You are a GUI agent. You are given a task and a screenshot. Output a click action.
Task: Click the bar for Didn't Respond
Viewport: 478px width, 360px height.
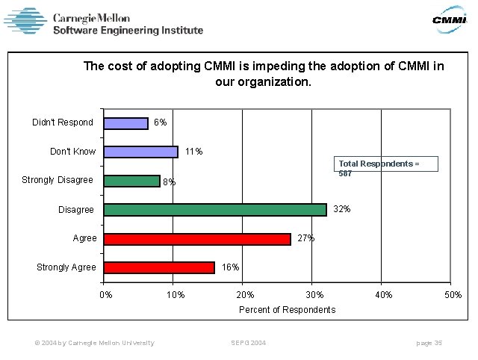click(x=125, y=123)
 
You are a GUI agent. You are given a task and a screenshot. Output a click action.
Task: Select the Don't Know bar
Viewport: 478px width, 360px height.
click(x=140, y=152)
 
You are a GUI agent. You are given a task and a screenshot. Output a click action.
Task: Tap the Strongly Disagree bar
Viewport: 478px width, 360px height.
click(x=131, y=181)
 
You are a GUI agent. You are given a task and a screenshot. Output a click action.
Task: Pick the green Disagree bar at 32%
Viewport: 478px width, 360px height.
click(x=215, y=210)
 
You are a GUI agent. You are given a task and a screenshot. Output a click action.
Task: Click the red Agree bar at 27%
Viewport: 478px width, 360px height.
click(x=197, y=239)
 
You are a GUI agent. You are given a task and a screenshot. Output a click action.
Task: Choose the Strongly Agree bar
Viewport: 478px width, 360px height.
click(x=159, y=267)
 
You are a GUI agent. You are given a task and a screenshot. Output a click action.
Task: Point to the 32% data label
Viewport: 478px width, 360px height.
click(x=341, y=209)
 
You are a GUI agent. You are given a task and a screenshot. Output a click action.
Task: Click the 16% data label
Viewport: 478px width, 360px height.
click(x=230, y=267)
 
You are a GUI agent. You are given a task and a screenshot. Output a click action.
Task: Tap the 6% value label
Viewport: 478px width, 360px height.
click(x=160, y=122)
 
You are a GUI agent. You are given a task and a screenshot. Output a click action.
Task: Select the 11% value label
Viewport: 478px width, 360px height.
click(x=193, y=152)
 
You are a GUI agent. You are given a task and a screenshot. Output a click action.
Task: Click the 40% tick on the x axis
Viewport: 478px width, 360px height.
click(x=384, y=295)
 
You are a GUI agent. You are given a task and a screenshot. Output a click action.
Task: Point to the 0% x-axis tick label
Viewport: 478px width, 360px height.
click(x=107, y=295)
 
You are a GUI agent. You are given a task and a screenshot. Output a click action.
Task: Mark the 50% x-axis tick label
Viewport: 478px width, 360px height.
click(x=453, y=295)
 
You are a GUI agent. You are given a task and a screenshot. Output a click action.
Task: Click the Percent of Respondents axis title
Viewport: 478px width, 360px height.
click(x=287, y=310)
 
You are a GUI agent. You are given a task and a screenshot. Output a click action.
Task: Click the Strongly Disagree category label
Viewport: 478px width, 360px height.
click(x=58, y=180)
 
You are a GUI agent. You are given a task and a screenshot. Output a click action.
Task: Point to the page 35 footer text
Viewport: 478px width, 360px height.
click(x=429, y=343)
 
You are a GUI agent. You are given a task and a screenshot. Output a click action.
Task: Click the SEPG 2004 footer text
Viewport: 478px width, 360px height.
click(x=248, y=343)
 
